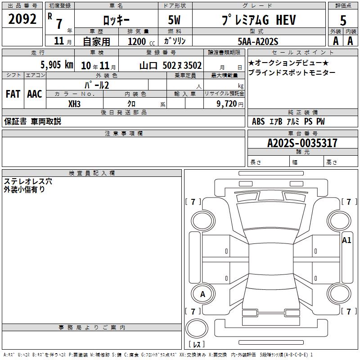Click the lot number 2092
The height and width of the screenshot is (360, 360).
tap(22, 19)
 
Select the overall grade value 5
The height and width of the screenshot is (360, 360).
tap(343, 20)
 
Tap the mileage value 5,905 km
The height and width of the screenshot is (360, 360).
tap(57, 65)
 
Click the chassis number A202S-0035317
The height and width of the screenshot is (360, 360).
tap(302, 143)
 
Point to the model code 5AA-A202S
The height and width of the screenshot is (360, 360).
tap(258, 41)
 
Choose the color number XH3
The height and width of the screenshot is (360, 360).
tap(74, 104)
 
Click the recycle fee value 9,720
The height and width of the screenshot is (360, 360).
tap(227, 104)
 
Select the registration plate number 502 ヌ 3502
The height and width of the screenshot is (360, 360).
tap(182, 65)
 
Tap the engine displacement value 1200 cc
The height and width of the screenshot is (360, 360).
tap(141, 41)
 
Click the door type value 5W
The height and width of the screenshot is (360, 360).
tap(174, 20)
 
